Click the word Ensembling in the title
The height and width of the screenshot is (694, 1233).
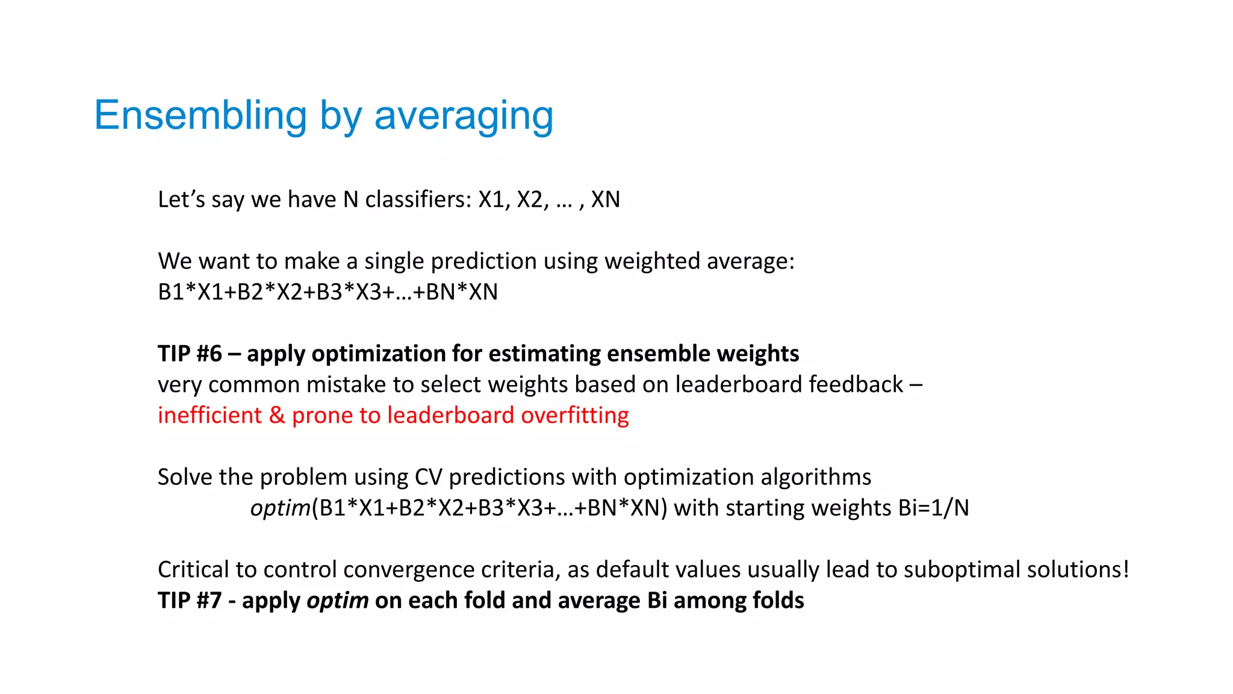(x=200, y=116)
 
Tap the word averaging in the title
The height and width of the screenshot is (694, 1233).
(x=463, y=116)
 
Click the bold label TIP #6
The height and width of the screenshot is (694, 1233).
(x=190, y=354)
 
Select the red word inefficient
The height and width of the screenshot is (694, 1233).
(x=210, y=416)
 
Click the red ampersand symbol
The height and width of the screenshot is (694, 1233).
(x=277, y=416)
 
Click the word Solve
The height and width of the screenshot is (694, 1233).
(x=185, y=477)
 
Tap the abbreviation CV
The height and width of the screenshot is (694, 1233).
(x=428, y=477)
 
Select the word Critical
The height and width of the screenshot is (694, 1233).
(x=193, y=570)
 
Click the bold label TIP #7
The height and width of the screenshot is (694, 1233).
(x=190, y=601)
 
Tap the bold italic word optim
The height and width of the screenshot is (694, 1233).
(x=337, y=601)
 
